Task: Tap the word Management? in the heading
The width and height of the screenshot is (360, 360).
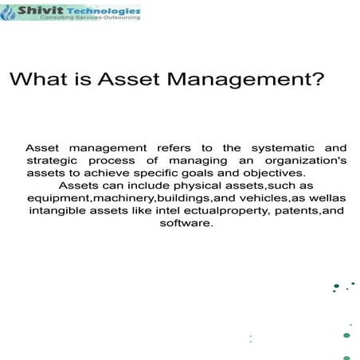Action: (248, 80)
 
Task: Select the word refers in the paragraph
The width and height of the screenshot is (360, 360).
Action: (172, 147)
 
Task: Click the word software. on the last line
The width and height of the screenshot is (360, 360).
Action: (186, 224)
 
